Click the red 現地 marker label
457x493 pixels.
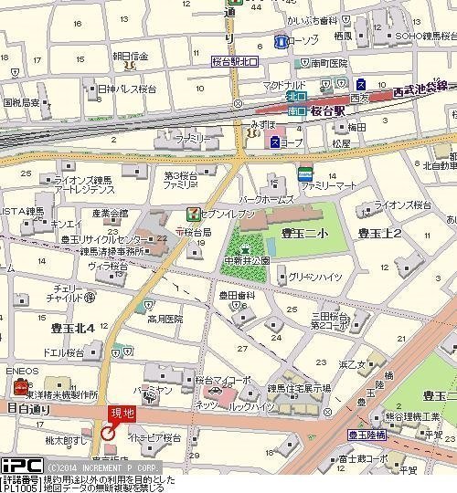coord(122,413)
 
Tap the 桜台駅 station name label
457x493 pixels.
coord(327,110)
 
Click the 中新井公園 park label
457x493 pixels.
coord(249,259)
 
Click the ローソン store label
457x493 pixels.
coord(303,41)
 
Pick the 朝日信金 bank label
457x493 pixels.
coord(131,55)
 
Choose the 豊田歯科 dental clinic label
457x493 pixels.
coord(236,296)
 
